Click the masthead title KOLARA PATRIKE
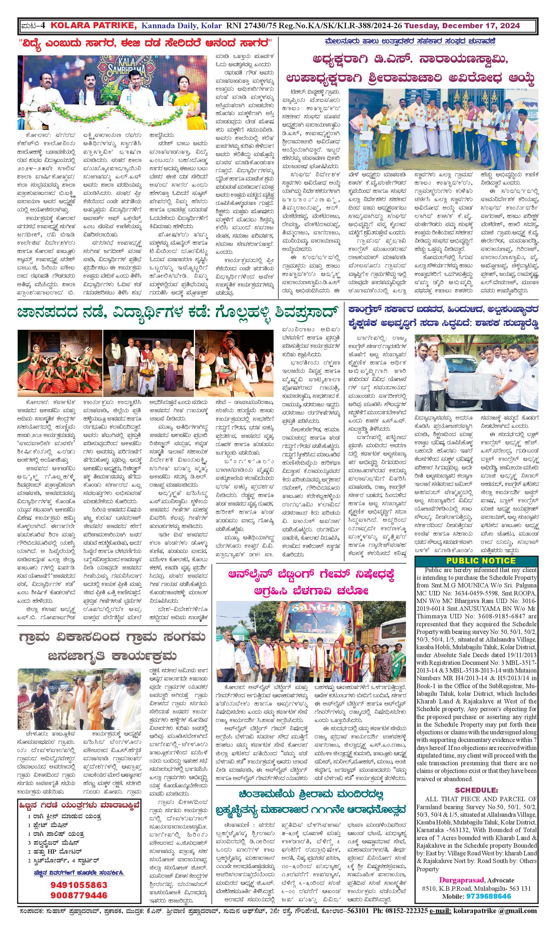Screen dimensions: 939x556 [94, 26]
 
